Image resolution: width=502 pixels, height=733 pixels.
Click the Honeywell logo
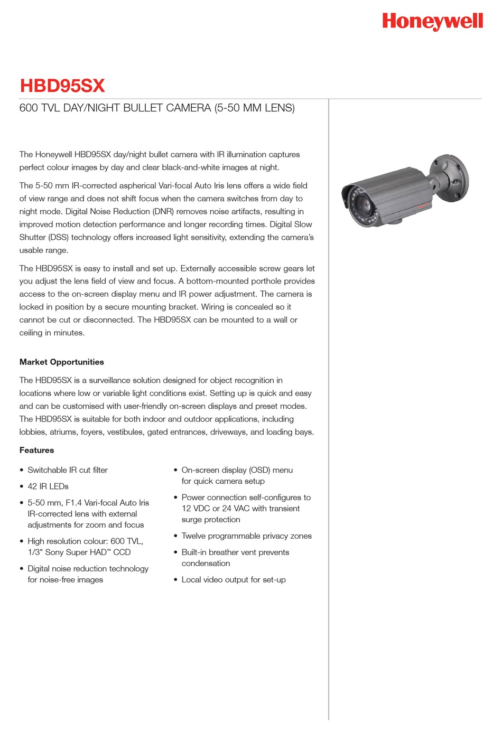[432, 21]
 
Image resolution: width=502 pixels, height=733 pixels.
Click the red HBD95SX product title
[62, 86]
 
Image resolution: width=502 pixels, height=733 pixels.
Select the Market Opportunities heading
[61, 362]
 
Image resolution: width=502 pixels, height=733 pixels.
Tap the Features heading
[36, 450]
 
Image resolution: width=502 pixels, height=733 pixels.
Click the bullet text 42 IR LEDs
[48, 486]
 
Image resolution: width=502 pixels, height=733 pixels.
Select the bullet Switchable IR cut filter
[67, 470]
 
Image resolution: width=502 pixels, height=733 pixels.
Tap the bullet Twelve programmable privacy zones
[246, 536]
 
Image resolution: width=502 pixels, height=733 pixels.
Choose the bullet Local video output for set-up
[233, 580]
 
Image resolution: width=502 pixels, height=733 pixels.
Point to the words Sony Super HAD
[76, 552]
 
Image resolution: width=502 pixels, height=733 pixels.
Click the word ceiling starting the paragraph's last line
[31, 333]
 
